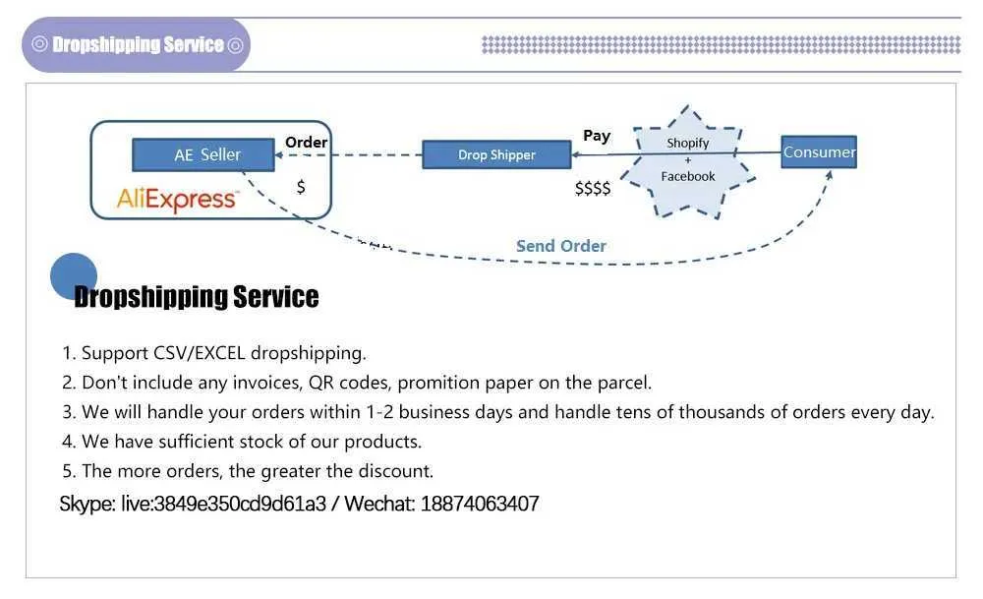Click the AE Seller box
[x=203, y=154]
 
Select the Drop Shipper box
[x=496, y=154]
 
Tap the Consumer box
[x=819, y=151]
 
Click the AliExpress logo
[x=177, y=200]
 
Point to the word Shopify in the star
[x=688, y=143]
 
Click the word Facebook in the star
[x=688, y=176]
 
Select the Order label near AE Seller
[x=306, y=143]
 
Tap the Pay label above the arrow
[x=597, y=136]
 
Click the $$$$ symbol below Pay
[x=593, y=188]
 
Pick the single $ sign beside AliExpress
[x=301, y=187]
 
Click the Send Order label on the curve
[x=561, y=246]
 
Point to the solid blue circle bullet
[x=74, y=276]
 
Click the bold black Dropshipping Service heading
[x=197, y=297]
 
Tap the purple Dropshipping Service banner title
[x=138, y=44]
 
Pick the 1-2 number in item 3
[x=379, y=412]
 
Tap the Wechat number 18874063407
[x=480, y=504]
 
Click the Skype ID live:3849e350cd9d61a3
[x=224, y=504]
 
